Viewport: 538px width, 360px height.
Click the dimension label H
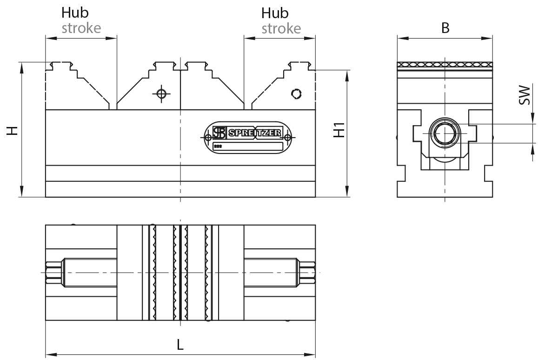click(x=14, y=131)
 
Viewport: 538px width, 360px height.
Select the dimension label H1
click(x=340, y=130)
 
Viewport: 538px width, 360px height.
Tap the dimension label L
click(x=180, y=345)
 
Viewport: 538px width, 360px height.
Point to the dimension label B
click(x=445, y=28)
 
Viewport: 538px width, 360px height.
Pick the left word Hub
click(x=75, y=13)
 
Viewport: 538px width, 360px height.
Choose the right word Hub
click(x=275, y=13)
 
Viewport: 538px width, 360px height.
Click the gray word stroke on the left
click(x=81, y=28)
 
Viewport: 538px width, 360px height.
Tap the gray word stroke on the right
click(x=281, y=28)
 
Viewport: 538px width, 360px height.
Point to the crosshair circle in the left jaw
click(x=161, y=93)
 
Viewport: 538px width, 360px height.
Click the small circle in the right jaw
click(x=295, y=93)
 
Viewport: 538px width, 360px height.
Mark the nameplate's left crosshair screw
click(x=207, y=137)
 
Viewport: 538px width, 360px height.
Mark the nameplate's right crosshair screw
click(x=288, y=137)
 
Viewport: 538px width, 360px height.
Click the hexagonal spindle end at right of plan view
click(x=308, y=273)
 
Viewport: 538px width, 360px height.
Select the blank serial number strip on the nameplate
click(x=248, y=146)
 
